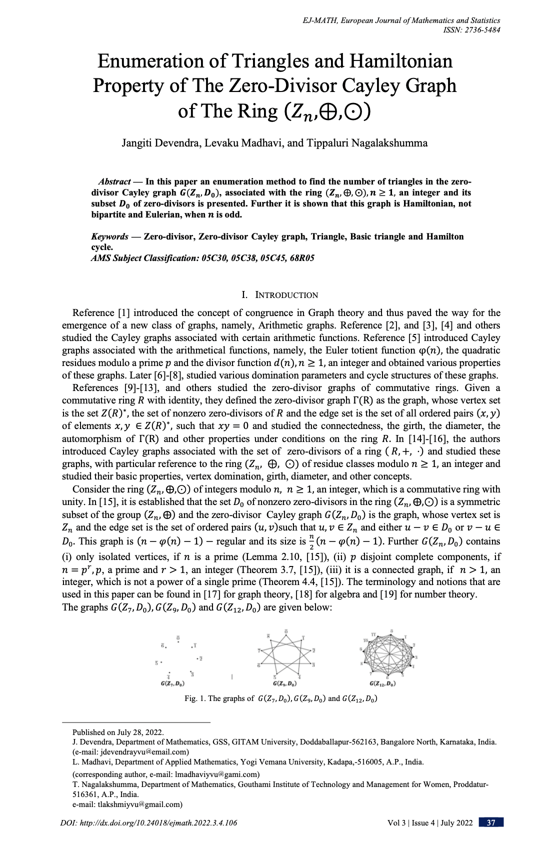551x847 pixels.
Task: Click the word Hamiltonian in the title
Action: [400, 61]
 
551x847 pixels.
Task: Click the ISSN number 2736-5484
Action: [481, 29]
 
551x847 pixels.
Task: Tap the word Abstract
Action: [114, 182]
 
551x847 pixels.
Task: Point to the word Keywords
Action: [109, 236]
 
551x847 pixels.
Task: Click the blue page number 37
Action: [490, 822]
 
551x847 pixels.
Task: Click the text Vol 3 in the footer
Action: [399, 822]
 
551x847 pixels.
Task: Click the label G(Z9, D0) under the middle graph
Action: [286, 683]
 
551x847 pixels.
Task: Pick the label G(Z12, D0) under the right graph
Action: [383, 683]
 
